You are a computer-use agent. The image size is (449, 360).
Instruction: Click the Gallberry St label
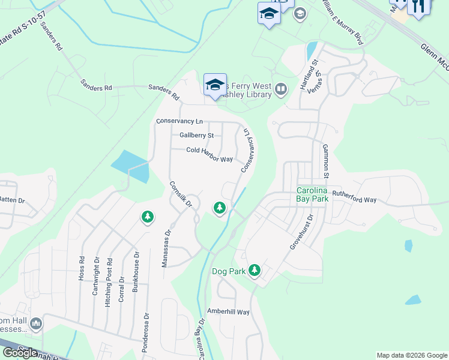click(196, 136)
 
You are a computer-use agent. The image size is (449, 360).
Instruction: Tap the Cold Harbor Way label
click(209, 155)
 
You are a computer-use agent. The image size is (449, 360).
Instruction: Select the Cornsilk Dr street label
click(180, 195)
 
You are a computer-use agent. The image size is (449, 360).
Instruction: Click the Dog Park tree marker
click(255, 271)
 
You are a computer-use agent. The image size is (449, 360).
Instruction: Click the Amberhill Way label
click(228, 311)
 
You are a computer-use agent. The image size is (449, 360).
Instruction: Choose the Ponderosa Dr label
click(145, 326)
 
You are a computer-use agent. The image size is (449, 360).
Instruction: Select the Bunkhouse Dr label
click(136, 271)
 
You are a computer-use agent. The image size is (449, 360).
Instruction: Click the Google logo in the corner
click(19, 353)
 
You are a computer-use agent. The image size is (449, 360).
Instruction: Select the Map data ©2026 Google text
click(412, 355)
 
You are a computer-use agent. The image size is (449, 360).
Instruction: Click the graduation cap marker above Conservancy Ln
click(215, 85)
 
